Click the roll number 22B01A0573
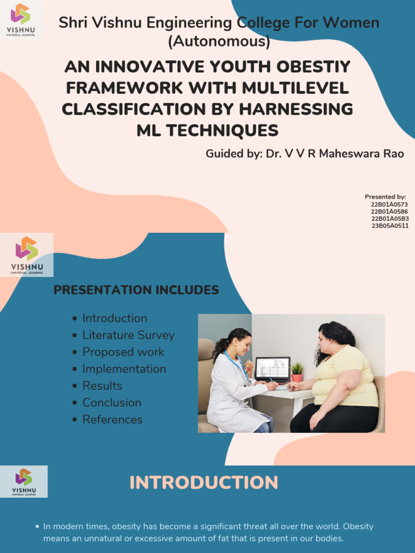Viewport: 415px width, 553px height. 389,205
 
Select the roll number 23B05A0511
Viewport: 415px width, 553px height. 390,226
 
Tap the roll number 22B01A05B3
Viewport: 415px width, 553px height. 390,219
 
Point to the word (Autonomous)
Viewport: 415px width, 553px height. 219,41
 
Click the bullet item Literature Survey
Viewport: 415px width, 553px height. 128,335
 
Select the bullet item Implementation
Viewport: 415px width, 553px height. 124,369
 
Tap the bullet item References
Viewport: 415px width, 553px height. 112,420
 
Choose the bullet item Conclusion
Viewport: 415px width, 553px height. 112,403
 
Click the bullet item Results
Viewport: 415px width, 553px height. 102,386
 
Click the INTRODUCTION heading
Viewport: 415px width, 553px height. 204,482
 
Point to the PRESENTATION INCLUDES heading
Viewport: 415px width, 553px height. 136,290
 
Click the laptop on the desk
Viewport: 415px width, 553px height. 272,369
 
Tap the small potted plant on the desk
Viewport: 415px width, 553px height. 297,372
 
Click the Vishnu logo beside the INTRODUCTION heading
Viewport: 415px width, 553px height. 24,481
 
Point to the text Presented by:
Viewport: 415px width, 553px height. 385,197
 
